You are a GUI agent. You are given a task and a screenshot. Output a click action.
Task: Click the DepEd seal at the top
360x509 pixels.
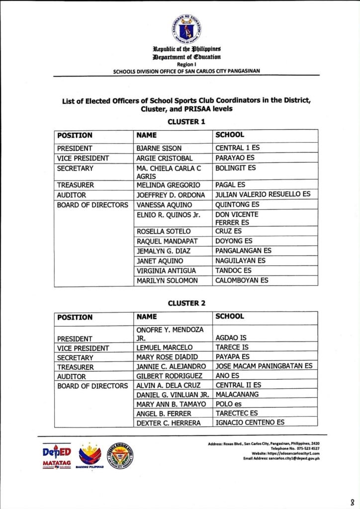click(187, 29)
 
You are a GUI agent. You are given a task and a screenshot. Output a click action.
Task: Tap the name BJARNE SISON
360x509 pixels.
click(159, 148)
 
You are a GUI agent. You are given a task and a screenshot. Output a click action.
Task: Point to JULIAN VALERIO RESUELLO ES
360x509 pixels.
click(263, 195)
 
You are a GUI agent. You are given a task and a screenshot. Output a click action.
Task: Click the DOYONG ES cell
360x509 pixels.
click(234, 241)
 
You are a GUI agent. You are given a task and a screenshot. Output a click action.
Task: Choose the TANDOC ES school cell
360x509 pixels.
click(233, 271)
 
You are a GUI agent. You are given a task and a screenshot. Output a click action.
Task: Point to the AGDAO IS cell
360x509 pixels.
click(232, 338)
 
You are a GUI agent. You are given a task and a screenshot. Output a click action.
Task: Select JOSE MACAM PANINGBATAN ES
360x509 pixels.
click(264, 366)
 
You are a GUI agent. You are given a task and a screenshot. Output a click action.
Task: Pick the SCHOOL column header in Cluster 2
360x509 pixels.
click(230, 317)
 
